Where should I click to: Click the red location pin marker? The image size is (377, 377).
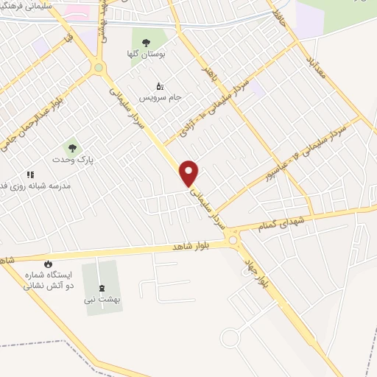click(190, 174)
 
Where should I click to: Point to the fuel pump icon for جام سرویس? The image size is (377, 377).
click(160, 85)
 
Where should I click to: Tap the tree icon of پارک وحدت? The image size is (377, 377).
click(71, 147)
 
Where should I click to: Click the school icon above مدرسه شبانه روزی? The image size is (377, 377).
click(31, 175)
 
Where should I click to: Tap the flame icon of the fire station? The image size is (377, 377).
click(48, 264)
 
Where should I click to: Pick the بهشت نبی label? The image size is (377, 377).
click(102, 300)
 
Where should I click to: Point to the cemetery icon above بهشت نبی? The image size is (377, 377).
click(102, 288)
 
